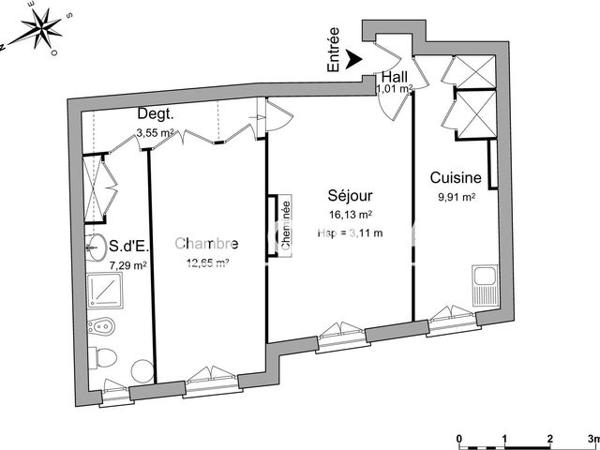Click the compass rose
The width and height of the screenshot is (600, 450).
point(37,30)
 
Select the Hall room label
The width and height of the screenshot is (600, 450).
point(392,76)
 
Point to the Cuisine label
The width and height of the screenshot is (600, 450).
point(456,178)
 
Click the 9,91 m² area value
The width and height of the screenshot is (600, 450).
point(455,197)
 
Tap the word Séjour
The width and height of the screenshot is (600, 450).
point(350,196)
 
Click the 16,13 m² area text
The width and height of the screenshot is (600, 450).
point(351,214)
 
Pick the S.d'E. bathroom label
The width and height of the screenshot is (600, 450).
point(130,244)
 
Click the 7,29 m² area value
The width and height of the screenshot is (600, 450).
point(129,266)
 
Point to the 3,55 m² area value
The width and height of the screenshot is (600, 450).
point(156,131)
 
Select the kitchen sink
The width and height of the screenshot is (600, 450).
point(484,288)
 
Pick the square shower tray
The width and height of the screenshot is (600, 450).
point(104,291)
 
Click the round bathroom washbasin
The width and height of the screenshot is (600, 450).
point(93,245)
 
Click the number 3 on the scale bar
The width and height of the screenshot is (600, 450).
point(591,438)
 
